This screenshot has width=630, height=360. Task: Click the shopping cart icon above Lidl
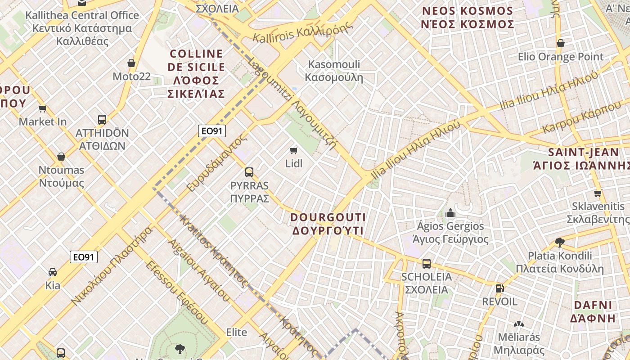pyautogui.click(x=294, y=150)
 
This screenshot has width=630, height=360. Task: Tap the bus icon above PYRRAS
pyautogui.click(x=249, y=172)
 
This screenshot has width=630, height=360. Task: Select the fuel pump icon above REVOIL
pyautogui.click(x=499, y=288)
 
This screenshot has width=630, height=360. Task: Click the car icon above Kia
pyautogui.click(x=53, y=272)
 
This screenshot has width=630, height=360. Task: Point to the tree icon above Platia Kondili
pyautogui.click(x=559, y=243)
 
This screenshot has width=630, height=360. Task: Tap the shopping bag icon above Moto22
pyautogui.click(x=131, y=63)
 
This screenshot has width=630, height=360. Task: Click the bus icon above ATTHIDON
pyautogui.click(x=102, y=120)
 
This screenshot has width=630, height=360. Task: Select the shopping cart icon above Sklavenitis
pyautogui.click(x=598, y=193)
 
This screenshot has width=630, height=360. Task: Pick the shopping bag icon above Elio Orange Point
pyautogui.click(x=561, y=43)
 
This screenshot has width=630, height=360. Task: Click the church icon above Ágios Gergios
pyautogui.click(x=450, y=213)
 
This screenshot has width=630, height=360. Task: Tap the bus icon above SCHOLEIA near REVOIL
pyautogui.click(x=426, y=264)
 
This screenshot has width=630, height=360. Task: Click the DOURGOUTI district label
pyautogui.click(x=328, y=224)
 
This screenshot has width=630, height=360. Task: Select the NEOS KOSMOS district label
pyautogui.click(x=468, y=18)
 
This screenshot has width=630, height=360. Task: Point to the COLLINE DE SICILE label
pyautogui.click(x=196, y=74)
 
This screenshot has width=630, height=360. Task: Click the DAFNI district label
pyautogui.click(x=593, y=311)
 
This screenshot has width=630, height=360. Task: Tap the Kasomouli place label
pyautogui.click(x=334, y=71)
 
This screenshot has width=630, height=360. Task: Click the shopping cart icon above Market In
pyautogui.click(x=43, y=108)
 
